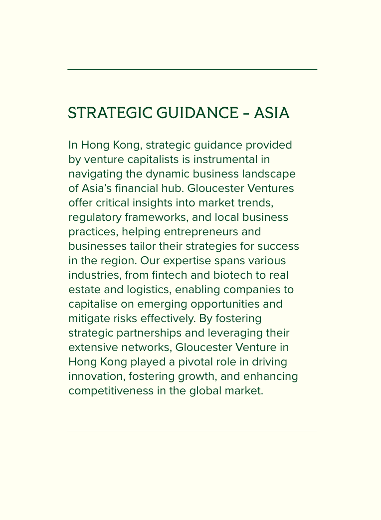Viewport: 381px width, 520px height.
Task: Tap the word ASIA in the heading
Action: pyautogui.click(x=271, y=113)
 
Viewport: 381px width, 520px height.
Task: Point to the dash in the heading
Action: pyautogui.click(x=246, y=114)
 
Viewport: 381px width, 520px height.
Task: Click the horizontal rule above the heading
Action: pyautogui.click(x=192, y=70)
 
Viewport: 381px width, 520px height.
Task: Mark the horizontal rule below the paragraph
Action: pyautogui.click(x=192, y=431)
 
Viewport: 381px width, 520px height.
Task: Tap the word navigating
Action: pyautogui.click(x=92, y=174)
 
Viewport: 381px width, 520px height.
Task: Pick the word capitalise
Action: pyautogui.click(x=91, y=304)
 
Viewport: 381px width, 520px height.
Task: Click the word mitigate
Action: pyautogui.click(x=86, y=319)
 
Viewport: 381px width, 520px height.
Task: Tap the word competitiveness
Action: pyautogui.click(x=111, y=391)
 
